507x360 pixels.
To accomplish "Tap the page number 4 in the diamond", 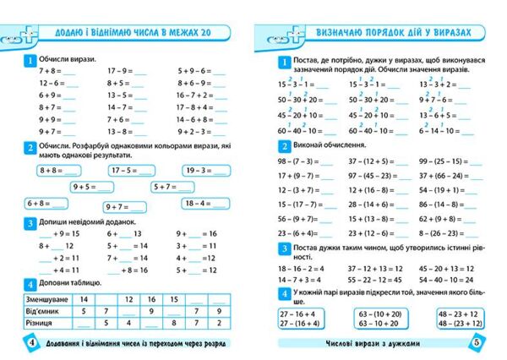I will tap(30, 343).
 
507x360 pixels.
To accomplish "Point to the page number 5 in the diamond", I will tap(476, 343).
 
